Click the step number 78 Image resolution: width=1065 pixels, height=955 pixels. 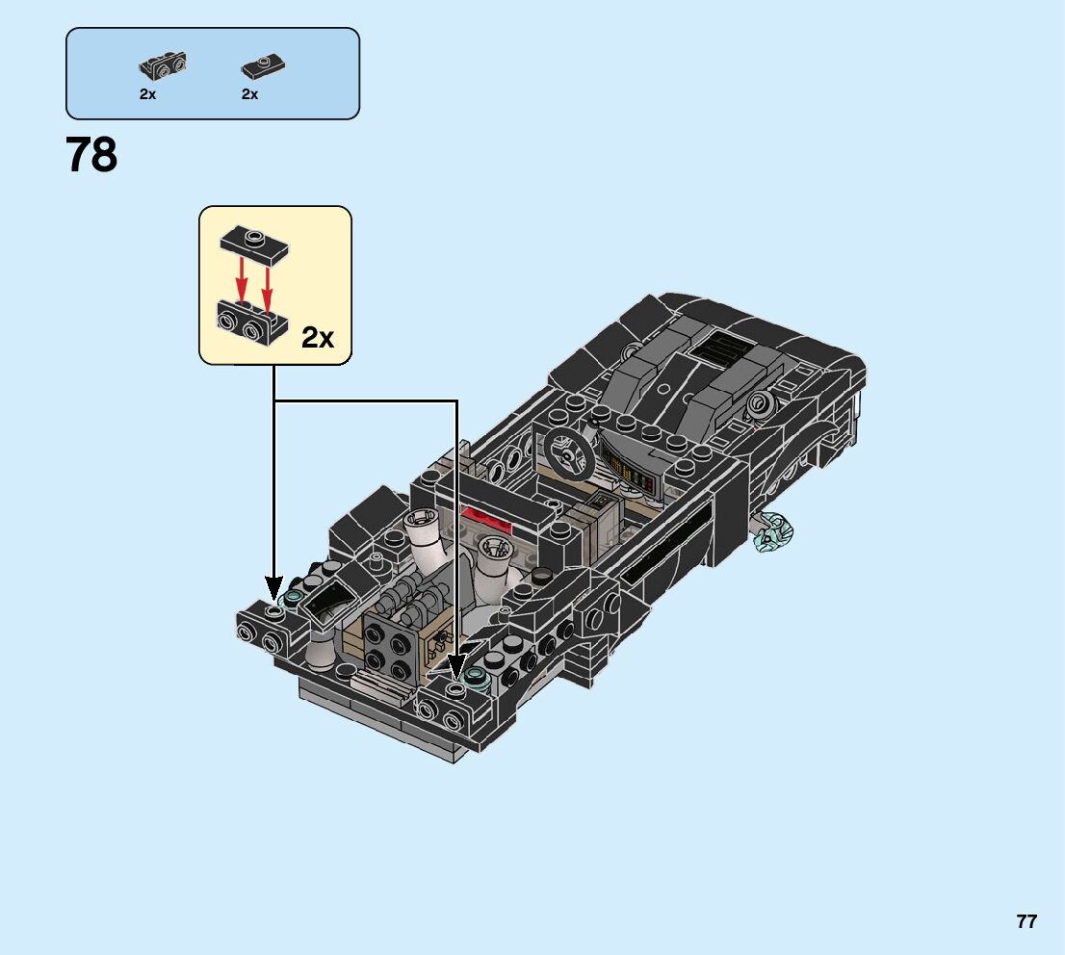coord(92,155)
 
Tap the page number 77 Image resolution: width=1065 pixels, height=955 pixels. coord(1026,921)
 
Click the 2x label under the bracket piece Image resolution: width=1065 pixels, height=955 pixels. coord(147,94)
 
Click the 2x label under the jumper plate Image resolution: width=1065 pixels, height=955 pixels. coord(249,94)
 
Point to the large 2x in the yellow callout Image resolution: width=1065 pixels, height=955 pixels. coord(317,337)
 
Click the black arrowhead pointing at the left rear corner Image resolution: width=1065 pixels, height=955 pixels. coord(274,586)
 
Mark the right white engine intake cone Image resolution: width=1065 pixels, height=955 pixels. coord(495,557)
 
